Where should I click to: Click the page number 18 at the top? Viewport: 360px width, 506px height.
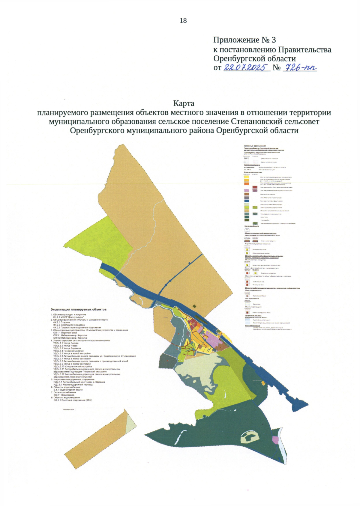tap(183, 20)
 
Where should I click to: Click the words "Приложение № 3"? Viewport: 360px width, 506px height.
tap(244, 40)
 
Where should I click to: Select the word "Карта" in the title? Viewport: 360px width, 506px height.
tap(184, 103)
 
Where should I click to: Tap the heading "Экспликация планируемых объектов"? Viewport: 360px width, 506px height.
tap(79, 309)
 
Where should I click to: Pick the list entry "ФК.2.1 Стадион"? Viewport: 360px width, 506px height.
tap(61, 323)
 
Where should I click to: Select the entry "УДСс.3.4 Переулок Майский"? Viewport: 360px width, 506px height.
tap(68, 351)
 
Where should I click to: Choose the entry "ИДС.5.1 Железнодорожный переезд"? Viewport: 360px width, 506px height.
tap(73, 385)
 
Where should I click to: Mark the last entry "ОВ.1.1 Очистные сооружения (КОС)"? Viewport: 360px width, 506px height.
tap(73, 400)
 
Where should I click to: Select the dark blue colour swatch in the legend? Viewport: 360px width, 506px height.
tap(247, 201)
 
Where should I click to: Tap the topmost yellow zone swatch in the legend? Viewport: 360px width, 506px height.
tap(247, 177)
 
